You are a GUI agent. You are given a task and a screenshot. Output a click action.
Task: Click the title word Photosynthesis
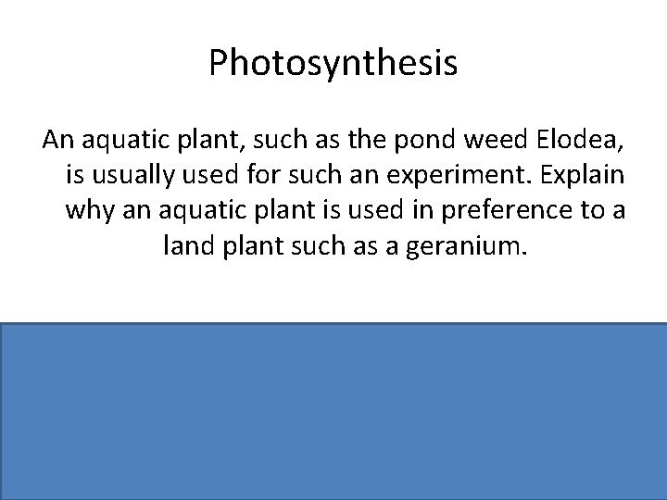click(x=333, y=64)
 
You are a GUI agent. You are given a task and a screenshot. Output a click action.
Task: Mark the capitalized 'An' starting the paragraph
click(x=57, y=141)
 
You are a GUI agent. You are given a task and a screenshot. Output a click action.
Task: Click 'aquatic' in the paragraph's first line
click(x=119, y=141)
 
